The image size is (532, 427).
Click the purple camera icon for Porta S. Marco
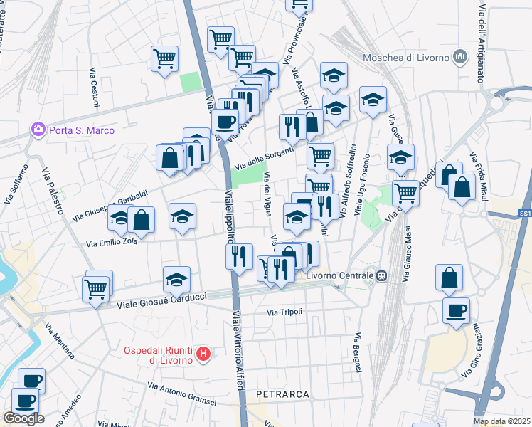[x=36, y=130]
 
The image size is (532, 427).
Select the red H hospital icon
[x=203, y=354]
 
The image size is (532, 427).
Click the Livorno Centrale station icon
[x=382, y=275]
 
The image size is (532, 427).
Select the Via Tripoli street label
[x=284, y=312]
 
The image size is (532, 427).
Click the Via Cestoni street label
[x=93, y=88]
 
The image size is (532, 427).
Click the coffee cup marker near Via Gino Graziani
[x=455, y=310]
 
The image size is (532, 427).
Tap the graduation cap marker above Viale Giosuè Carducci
[x=176, y=280]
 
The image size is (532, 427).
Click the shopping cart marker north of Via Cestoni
[x=165, y=59]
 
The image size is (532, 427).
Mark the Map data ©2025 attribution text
[x=501, y=421]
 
